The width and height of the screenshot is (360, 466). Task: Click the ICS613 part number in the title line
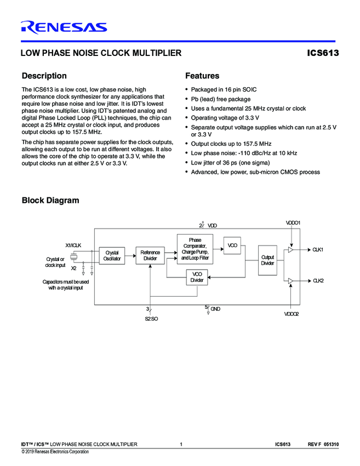click(323, 54)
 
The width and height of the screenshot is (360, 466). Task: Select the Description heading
click(44, 76)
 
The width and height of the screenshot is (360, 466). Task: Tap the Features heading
click(202, 76)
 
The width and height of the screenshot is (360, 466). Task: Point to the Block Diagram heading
click(50, 200)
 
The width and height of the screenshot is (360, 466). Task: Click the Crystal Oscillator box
click(112, 255)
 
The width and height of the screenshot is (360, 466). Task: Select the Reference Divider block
click(150, 255)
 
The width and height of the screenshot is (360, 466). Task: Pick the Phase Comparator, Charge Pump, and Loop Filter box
click(195, 248)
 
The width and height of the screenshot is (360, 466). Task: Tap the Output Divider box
click(267, 260)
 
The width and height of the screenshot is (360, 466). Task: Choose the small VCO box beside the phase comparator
click(232, 245)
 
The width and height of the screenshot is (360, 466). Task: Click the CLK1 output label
click(318, 250)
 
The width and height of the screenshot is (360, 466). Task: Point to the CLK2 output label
click(318, 281)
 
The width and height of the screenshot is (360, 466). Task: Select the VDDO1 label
click(293, 223)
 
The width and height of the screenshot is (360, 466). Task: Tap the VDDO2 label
click(291, 314)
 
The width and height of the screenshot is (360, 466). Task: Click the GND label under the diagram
click(215, 309)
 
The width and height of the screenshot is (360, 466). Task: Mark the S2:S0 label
click(151, 318)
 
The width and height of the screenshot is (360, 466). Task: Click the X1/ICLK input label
click(73, 245)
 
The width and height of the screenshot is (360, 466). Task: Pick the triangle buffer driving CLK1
click(291, 250)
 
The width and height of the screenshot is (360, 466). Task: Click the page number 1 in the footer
click(181, 444)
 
